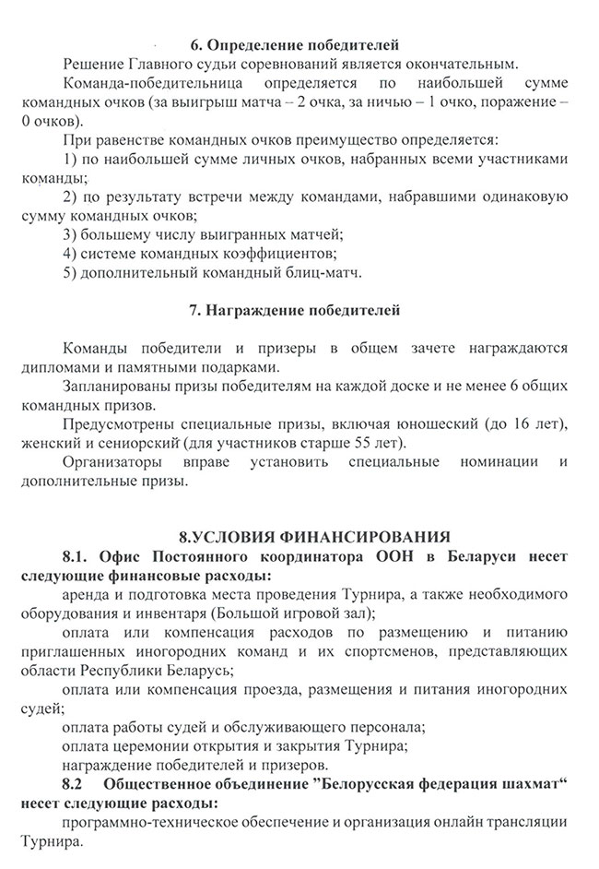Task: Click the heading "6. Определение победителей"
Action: tap(295, 43)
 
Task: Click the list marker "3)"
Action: tap(71, 234)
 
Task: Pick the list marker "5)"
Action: tap(71, 273)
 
